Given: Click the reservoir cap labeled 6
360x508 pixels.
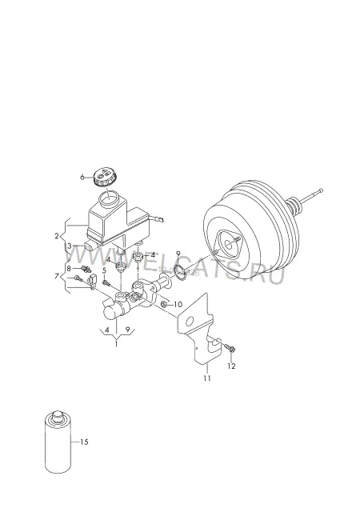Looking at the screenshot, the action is [105, 178].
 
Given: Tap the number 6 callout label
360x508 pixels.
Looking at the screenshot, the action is [82, 177].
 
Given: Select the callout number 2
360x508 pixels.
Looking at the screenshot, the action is [57, 236].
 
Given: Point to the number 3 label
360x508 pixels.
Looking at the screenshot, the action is [69, 246].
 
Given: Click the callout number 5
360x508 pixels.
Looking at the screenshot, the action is [104, 270].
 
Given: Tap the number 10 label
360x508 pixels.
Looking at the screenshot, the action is [178, 305].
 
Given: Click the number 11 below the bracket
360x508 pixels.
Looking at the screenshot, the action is [207, 378].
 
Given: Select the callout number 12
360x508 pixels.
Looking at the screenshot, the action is [231, 366].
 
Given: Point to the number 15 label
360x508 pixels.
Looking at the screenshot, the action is [84, 442].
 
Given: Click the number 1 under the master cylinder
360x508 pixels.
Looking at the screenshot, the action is [116, 344].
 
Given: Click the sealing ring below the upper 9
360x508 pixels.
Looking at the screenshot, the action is [180, 272].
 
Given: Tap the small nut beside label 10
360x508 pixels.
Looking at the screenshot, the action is [164, 304].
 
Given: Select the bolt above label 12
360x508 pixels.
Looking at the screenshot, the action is [230, 348].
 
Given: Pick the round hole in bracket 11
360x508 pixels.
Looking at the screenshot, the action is [190, 322].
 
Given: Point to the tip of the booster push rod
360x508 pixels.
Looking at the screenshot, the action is [321, 190].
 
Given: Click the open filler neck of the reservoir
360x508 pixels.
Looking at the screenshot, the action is [109, 199].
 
